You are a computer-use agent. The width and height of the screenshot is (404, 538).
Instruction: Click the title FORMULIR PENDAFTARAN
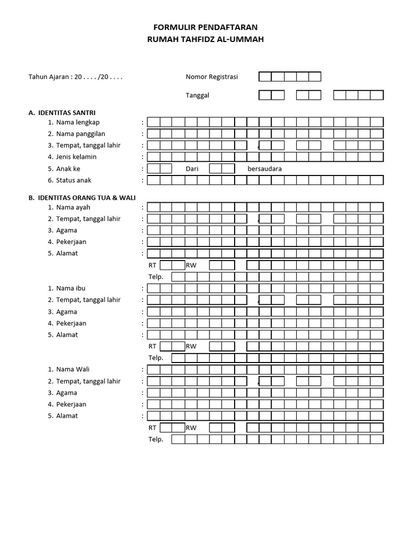click(x=202, y=27)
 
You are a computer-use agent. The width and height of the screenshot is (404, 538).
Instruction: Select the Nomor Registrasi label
click(x=211, y=77)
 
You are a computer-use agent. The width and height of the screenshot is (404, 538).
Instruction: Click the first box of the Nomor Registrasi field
click(x=265, y=77)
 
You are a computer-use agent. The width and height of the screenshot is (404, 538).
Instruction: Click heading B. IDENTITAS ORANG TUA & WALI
click(x=82, y=198)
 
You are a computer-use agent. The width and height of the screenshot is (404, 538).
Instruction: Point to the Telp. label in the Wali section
click(x=156, y=439)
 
